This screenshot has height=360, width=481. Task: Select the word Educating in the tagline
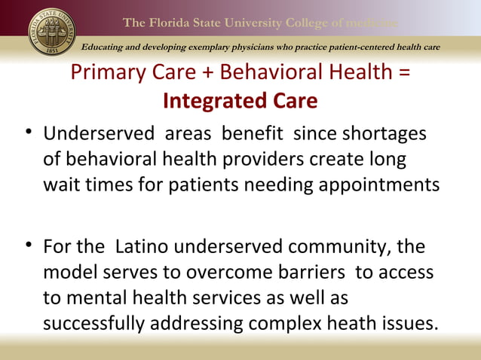(108, 48)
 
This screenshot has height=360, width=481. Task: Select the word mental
(97, 298)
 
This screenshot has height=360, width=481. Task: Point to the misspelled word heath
(351, 324)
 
